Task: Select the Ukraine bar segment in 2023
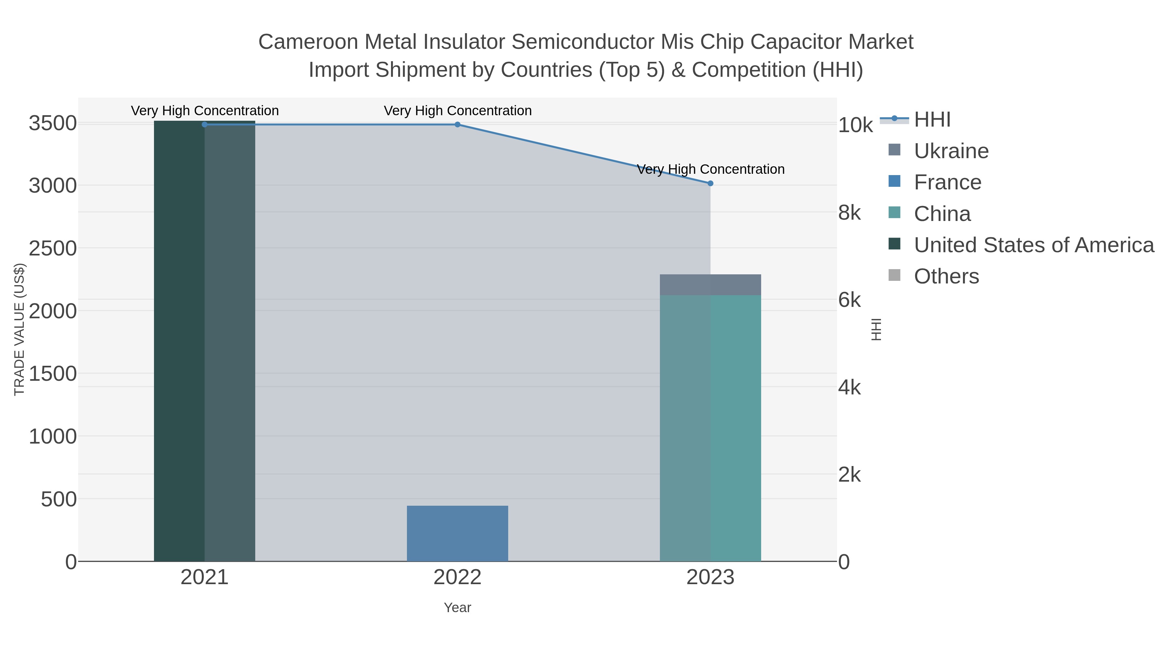point(710,285)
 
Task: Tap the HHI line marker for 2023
point(710,183)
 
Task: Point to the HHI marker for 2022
point(457,125)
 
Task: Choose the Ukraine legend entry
point(951,151)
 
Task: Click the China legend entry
point(942,214)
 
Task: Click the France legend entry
point(947,182)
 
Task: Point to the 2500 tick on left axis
point(52,249)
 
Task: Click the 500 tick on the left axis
point(58,499)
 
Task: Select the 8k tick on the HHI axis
point(849,213)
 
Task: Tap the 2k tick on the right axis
point(849,475)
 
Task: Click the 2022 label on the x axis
point(457,578)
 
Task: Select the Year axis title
point(457,608)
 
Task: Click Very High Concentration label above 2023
point(710,169)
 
